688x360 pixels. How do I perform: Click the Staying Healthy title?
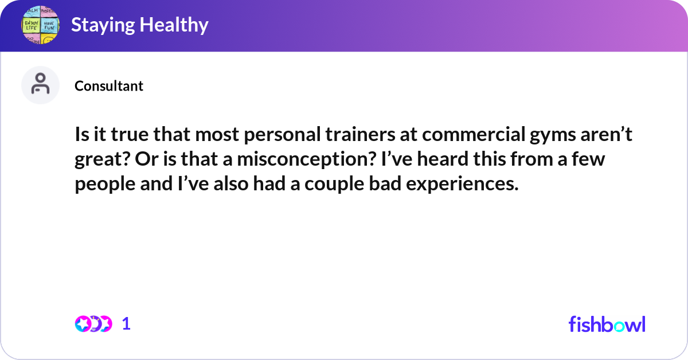point(139,25)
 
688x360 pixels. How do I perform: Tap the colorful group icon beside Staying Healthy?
point(41,25)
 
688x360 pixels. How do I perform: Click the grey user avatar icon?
point(40,85)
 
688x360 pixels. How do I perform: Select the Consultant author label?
point(109,86)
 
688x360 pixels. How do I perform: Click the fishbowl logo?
point(607,324)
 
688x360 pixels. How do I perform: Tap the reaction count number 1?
point(126,324)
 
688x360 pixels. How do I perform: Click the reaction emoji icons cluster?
point(93,324)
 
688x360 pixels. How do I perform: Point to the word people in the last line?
point(101,185)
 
